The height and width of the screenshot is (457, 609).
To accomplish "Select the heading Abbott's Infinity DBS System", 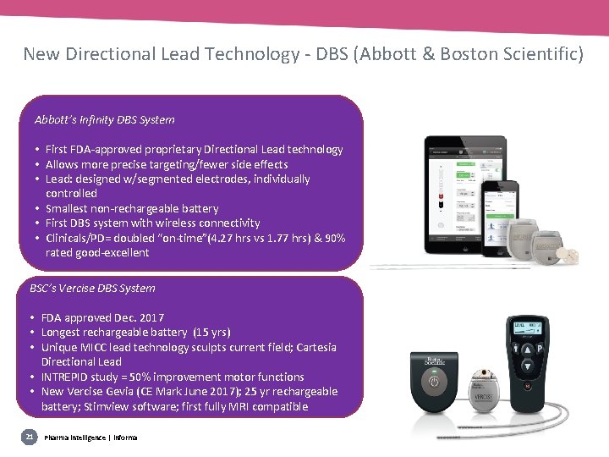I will pyautogui.click(x=105, y=120).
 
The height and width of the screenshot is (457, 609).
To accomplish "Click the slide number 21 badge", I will pyautogui.click(x=29, y=437).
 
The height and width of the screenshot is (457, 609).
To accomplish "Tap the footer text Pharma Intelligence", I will pyautogui.click(x=76, y=437).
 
